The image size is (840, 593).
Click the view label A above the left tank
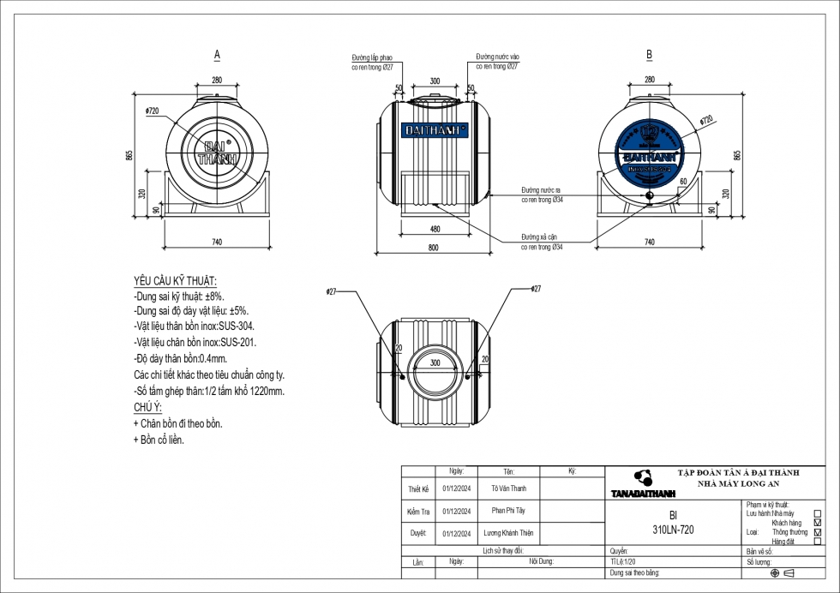pyautogui.click(x=217, y=54)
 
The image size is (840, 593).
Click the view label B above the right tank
pyautogui.click(x=649, y=54)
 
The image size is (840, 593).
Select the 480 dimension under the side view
pyautogui.click(x=435, y=229)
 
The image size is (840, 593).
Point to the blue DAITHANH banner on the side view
pyautogui.click(x=435, y=130)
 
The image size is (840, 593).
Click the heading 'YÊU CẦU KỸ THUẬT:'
pyautogui.click(x=175, y=281)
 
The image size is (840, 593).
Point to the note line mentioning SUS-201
pyautogui.click(x=195, y=342)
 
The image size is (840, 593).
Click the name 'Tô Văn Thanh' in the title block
pyautogui.click(x=509, y=488)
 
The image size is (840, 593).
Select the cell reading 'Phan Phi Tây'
pyautogui.click(x=509, y=511)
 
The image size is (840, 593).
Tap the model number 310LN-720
pyautogui.click(x=673, y=530)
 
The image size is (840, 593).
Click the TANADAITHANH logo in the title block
pyautogui.click(x=643, y=484)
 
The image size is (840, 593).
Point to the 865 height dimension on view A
pyautogui.click(x=129, y=155)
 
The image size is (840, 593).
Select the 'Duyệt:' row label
pyautogui.click(x=418, y=533)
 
